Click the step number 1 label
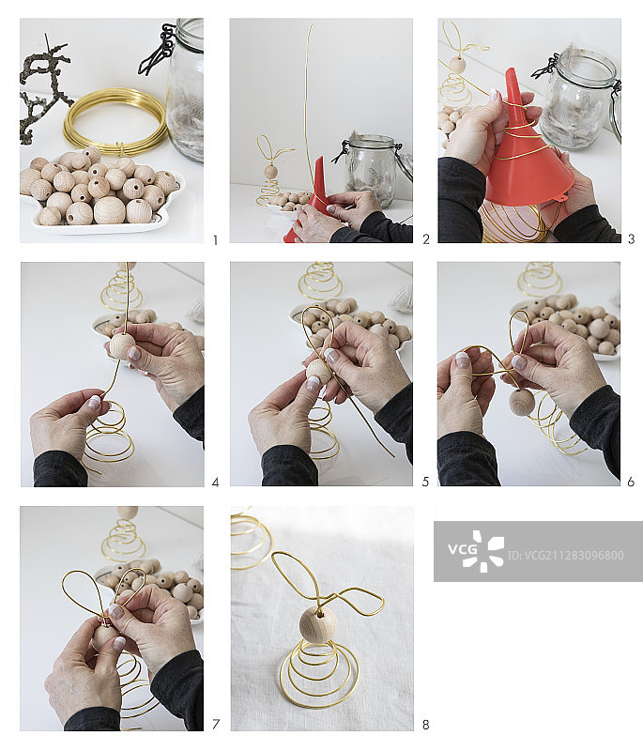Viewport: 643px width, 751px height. (x=216, y=240)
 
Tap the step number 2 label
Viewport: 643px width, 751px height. (x=425, y=239)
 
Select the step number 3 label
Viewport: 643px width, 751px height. (x=631, y=238)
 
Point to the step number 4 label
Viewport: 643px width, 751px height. (x=216, y=483)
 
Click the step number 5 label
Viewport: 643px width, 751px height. (x=425, y=482)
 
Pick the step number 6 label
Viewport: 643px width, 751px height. (x=631, y=482)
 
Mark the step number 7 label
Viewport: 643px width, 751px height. (x=216, y=724)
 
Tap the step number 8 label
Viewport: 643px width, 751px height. (x=425, y=725)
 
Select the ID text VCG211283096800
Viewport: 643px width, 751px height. (x=565, y=556)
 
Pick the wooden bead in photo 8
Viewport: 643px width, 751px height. (x=318, y=623)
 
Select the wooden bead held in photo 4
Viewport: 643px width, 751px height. (x=122, y=345)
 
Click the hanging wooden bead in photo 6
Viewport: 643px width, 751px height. (x=521, y=402)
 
